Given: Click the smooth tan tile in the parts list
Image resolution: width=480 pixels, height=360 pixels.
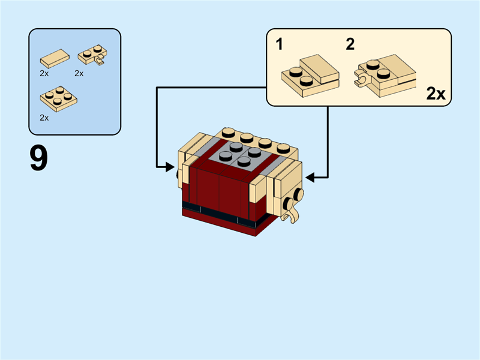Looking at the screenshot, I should tap(54, 59).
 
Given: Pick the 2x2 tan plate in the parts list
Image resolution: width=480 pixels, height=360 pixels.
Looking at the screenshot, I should tap(58, 98).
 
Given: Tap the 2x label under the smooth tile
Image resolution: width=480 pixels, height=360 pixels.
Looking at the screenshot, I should tap(44, 73).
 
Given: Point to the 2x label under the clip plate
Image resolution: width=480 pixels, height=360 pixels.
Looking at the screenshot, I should tap(79, 73).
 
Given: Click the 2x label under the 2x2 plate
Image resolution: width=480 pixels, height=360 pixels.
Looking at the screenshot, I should tap(44, 118).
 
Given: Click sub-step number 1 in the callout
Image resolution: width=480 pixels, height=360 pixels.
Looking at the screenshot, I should tap(280, 44).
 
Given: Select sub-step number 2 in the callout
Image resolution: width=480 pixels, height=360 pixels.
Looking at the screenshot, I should tap(350, 44).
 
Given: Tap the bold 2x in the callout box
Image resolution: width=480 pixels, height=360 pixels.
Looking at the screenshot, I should tap(436, 94).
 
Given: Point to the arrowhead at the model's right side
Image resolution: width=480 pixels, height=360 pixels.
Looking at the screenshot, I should tap(310, 177).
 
